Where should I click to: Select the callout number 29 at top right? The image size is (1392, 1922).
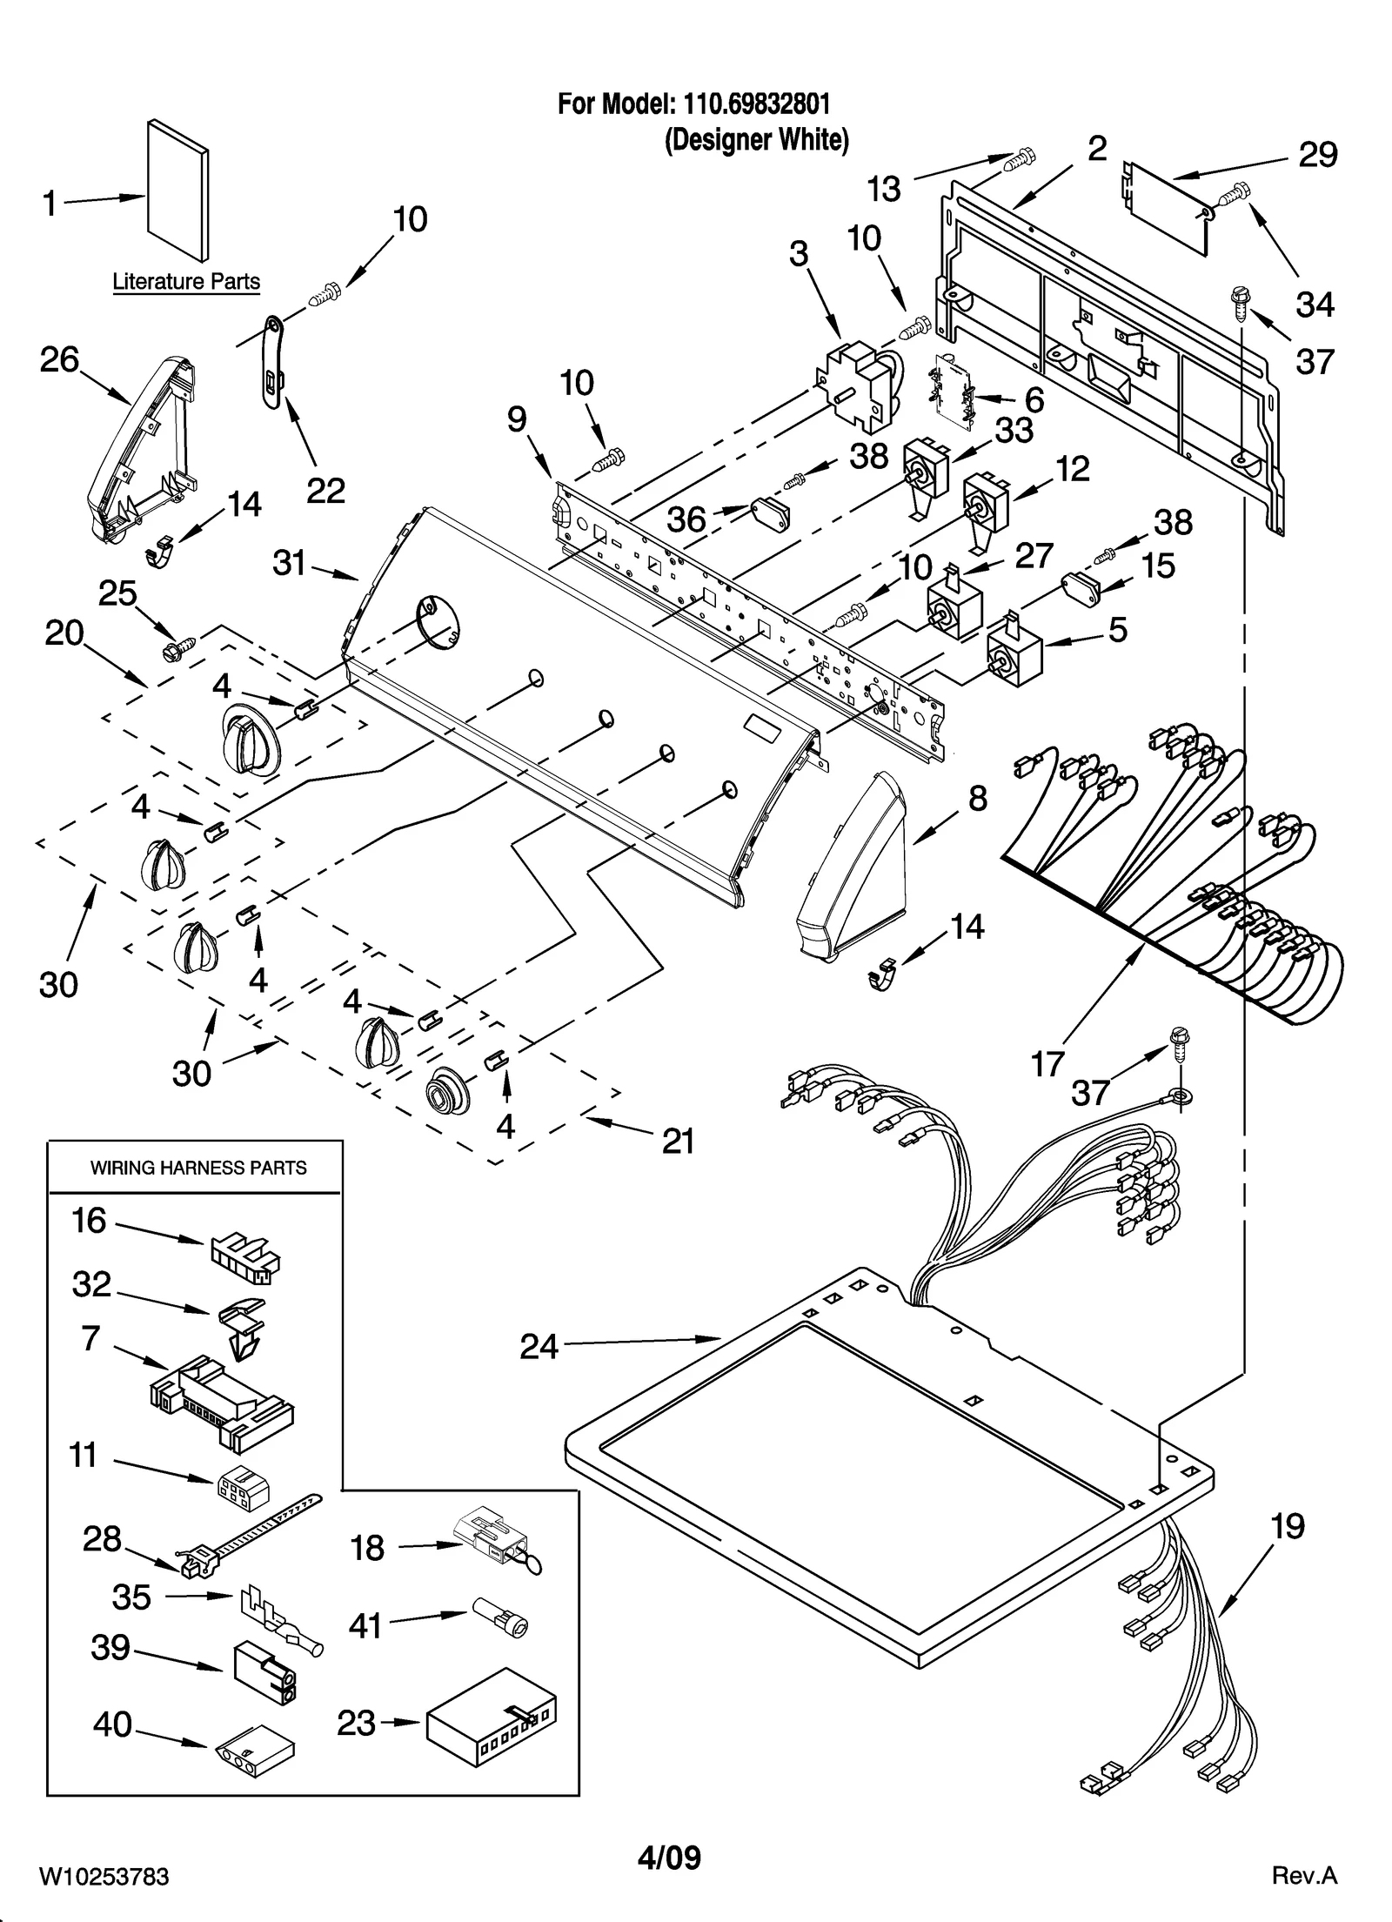(1317, 155)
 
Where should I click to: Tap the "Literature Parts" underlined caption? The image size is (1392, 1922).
(186, 282)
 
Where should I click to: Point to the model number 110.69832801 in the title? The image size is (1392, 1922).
(756, 104)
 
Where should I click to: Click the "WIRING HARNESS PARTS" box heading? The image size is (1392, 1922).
(198, 1168)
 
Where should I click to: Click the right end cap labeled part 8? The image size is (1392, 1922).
(851, 868)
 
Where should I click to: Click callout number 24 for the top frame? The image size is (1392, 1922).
(539, 1346)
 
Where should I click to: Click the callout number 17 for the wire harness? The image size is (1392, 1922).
(1047, 1063)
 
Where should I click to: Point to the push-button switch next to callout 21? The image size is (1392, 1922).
(447, 1091)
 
